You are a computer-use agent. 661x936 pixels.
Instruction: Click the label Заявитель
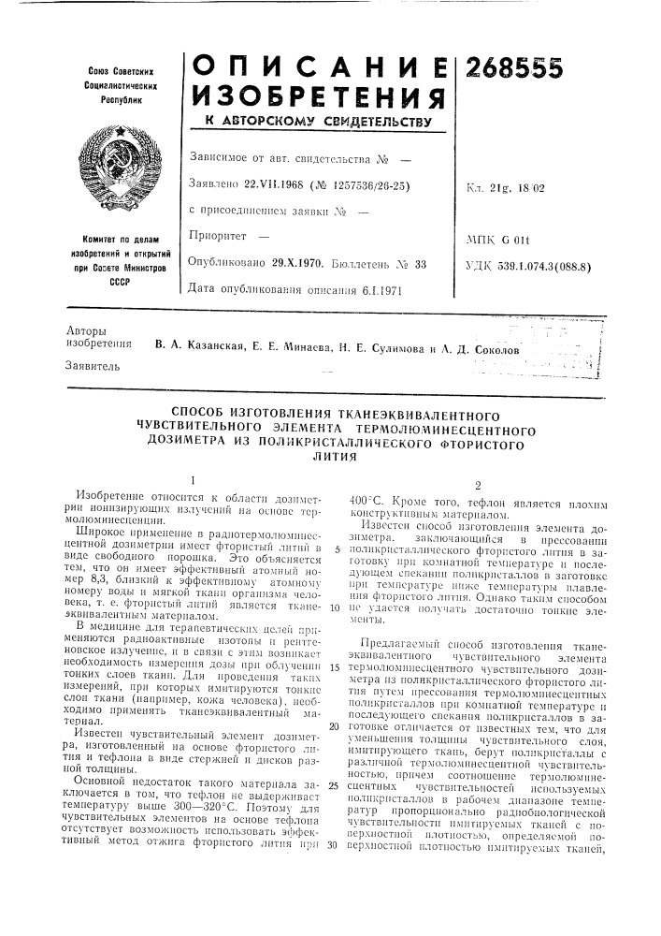tap(99, 367)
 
